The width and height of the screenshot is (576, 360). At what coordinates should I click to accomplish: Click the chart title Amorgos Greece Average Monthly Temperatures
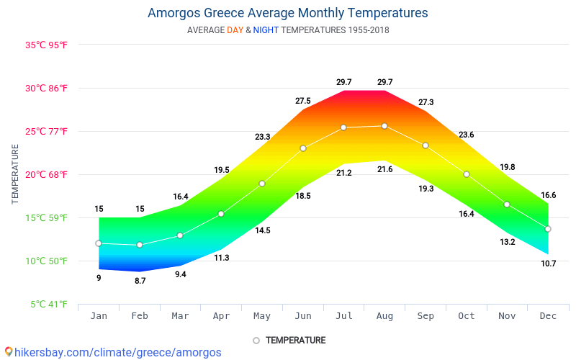click(287, 13)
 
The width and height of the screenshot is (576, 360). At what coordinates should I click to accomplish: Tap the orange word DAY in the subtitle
click(235, 30)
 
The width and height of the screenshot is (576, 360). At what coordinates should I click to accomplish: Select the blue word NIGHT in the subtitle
click(266, 30)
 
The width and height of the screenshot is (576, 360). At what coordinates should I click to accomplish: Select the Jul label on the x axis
click(343, 316)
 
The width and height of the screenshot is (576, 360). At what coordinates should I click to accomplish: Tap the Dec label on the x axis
click(548, 316)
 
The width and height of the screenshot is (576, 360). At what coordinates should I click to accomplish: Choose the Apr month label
click(221, 316)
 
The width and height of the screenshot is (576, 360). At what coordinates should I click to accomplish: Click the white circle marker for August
click(384, 126)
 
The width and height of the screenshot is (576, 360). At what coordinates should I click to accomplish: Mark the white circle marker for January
click(99, 243)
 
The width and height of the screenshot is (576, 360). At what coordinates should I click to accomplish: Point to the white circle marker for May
click(262, 184)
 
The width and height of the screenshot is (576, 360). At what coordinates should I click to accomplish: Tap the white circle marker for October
click(467, 174)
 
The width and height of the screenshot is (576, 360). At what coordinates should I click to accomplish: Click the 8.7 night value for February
click(140, 281)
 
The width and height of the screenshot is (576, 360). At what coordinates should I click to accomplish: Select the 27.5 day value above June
click(303, 101)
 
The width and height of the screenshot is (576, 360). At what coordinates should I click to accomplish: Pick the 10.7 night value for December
click(548, 264)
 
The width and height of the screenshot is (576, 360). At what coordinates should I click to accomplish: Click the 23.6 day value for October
click(467, 135)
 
